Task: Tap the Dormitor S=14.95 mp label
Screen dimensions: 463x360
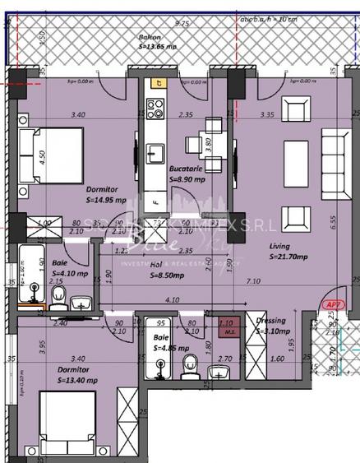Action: coord(107,193)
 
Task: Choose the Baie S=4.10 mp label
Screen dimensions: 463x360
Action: coord(69,268)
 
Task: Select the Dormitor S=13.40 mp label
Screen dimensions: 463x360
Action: coord(78,375)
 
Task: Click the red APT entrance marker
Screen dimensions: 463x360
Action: coord(333,303)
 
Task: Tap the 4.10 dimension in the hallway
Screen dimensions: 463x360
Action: coord(173,301)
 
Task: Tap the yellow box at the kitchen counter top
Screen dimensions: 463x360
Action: coord(155,82)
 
